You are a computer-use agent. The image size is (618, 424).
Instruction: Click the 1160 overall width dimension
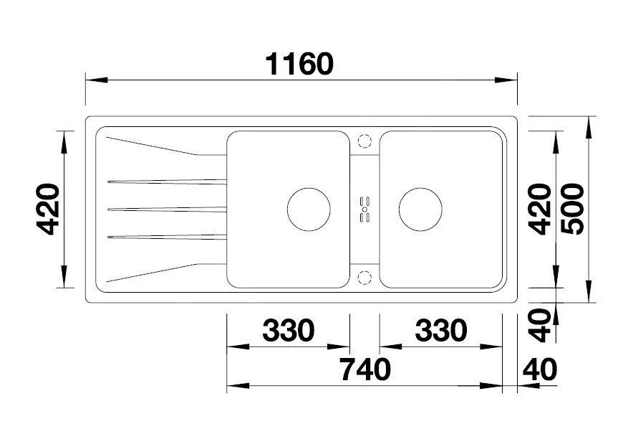[x=299, y=65]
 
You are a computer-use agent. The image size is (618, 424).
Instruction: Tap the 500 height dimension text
[x=572, y=209]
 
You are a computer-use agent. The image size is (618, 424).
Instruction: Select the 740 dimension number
[x=366, y=369]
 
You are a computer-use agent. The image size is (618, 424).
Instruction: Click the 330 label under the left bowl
[x=289, y=330]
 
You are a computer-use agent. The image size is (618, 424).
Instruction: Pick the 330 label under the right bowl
[x=441, y=330]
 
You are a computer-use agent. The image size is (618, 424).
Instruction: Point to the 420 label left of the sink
[x=48, y=209]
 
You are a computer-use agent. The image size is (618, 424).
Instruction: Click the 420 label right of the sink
[x=539, y=209]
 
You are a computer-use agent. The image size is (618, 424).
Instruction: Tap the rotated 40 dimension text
[x=539, y=326]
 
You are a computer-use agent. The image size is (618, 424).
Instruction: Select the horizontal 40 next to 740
[x=540, y=369]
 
